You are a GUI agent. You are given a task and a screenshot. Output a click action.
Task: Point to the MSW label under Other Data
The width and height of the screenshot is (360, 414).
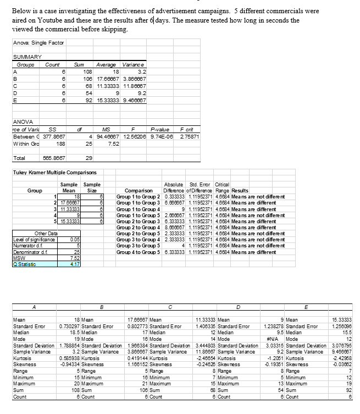[18, 257]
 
